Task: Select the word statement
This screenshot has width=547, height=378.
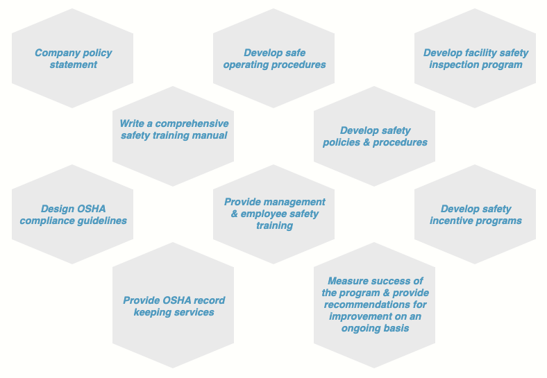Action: [74, 65]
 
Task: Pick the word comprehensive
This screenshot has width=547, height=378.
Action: [192, 124]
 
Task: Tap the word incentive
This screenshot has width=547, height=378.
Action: [448, 221]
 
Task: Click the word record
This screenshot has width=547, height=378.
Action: [210, 300]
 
